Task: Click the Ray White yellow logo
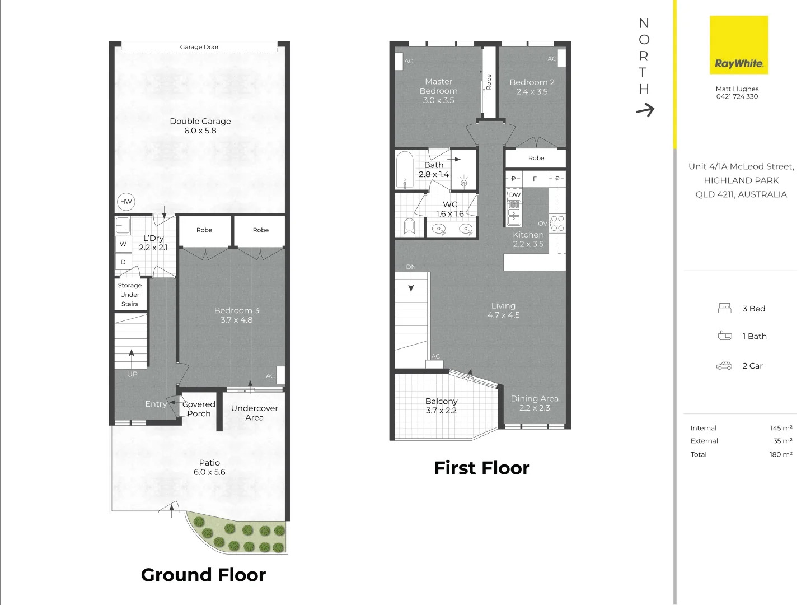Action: (739, 45)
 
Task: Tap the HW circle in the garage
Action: (126, 202)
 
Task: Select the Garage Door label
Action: (199, 47)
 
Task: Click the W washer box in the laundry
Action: (123, 244)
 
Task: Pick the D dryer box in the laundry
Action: (123, 262)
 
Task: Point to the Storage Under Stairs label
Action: (130, 295)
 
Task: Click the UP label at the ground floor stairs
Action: (132, 374)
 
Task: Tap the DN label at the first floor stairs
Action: (411, 267)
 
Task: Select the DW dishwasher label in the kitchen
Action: (514, 195)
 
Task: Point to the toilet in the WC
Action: (409, 227)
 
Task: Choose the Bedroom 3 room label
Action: (236, 315)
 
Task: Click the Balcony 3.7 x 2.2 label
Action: (441, 406)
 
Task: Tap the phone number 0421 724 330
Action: (737, 96)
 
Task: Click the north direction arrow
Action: (645, 110)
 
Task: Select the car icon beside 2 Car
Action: (724, 366)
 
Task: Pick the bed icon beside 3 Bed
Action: (724, 308)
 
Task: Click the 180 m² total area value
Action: (780, 454)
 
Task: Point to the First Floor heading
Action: (481, 468)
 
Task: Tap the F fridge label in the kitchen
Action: (535, 179)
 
